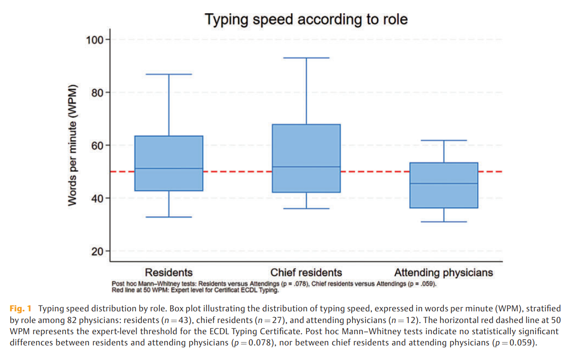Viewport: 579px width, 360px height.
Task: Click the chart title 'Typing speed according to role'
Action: tap(306, 19)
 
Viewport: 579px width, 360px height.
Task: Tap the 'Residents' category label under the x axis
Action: tap(169, 272)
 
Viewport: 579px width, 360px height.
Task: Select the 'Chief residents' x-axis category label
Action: tap(306, 272)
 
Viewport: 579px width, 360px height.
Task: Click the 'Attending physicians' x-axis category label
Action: tap(443, 272)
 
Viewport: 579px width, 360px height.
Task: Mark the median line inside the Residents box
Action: tap(169, 168)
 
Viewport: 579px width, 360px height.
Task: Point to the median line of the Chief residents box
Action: tap(306, 167)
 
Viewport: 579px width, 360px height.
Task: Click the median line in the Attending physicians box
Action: tap(444, 183)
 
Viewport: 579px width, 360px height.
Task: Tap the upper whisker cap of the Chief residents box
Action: tap(306, 58)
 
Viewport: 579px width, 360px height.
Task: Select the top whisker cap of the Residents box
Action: tap(169, 74)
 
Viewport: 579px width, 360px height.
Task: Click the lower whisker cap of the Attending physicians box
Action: tap(444, 222)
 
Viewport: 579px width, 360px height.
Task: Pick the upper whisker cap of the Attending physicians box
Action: tap(444, 140)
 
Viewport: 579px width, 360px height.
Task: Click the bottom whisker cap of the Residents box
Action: tap(169, 217)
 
